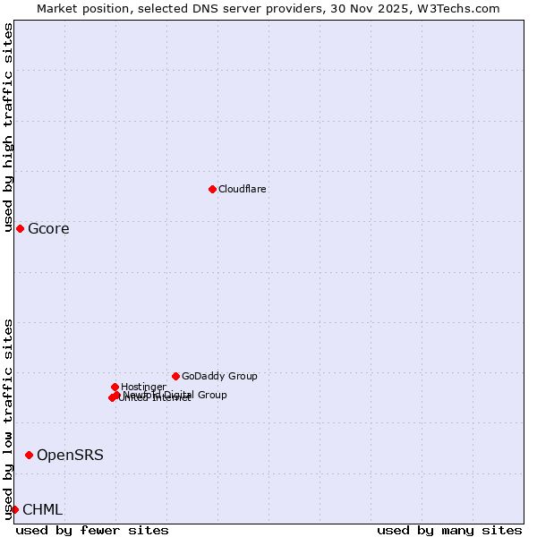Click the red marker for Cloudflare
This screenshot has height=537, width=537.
pyautogui.click(x=212, y=189)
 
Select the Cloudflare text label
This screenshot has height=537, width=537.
pyautogui.click(x=242, y=189)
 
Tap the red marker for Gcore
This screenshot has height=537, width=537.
pyautogui.click(x=20, y=228)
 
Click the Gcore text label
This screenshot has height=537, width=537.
pyautogui.click(x=48, y=229)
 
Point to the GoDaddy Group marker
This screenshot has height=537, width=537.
pyautogui.click(x=175, y=376)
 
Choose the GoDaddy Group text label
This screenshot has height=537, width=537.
pyautogui.click(x=219, y=376)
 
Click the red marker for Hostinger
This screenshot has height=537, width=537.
pyautogui.click(x=115, y=387)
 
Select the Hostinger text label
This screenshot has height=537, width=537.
pyautogui.click(x=143, y=387)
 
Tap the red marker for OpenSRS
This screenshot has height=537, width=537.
pyautogui.click(x=29, y=455)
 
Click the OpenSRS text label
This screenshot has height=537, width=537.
pyautogui.click(x=70, y=456)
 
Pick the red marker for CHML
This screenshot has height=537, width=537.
pyautogui.click(x=14, y=509)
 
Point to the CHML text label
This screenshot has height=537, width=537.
pyautogui.click(x=42, y=510)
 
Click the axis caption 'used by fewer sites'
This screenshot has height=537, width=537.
pyautogui.click(x=92, y=530)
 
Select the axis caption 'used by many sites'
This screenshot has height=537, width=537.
pyautogui.click(x=449, y=530)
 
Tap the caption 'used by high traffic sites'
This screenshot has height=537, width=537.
pyautogui.click(x=8, y=127)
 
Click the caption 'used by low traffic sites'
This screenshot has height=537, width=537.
pyautogui.click(x=8, y=418)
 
